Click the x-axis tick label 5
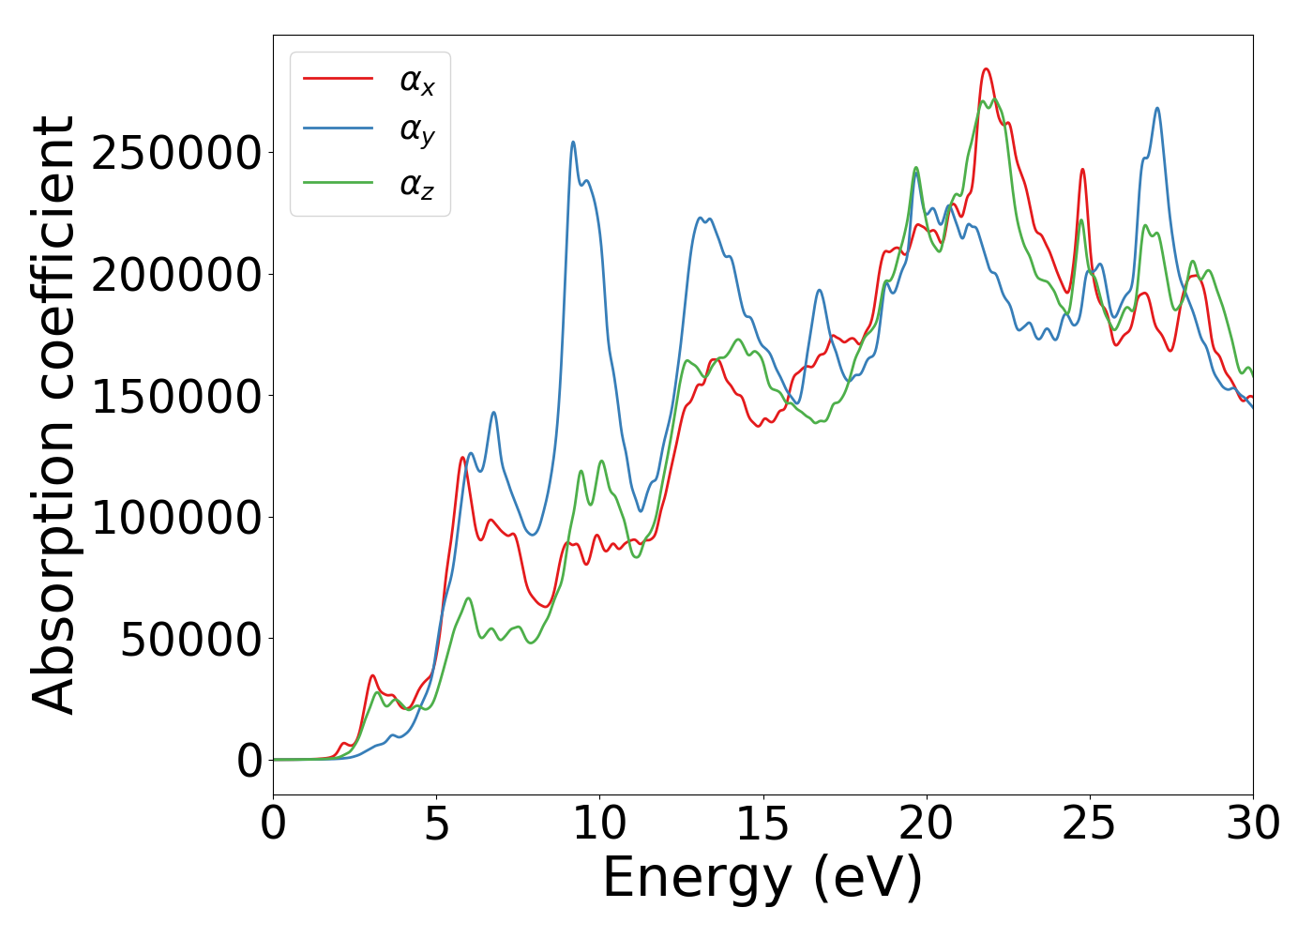pyautogui.click(x=437, y=825)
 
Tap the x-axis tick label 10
pyautogui.click(x=599, y=825)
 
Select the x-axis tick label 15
pyautogui.click(x=762, y=825)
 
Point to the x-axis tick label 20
pyautogui.click(x=926, y=825)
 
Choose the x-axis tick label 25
pyautogui.click(x=1089, y=825)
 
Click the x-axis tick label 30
pyautogui.click(x=1252, y=825)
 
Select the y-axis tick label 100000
pyautogui.click(x=177, y=518)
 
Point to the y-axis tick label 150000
pyautogui.click(x=177, y=396)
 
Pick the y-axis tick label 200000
pyautogui.click(x=177, y=275)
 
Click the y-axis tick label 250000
pyautogui.click(x=177, y=153)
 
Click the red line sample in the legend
pyautogui.click(x=338, y=79)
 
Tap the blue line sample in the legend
pyautogui.click(x=338, y=130)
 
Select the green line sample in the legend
pyautogui.click(x=338, y=182)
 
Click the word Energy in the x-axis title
pyautogui.click(x=699, y=880)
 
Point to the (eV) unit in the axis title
pyautogui.click(x=868, y=880)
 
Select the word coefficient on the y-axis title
pyautogui.click(x=53, y=253)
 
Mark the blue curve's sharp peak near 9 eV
pyautogui.click(x=573, y=143)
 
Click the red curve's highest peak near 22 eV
pyautogui.click(x=986, y=69)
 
